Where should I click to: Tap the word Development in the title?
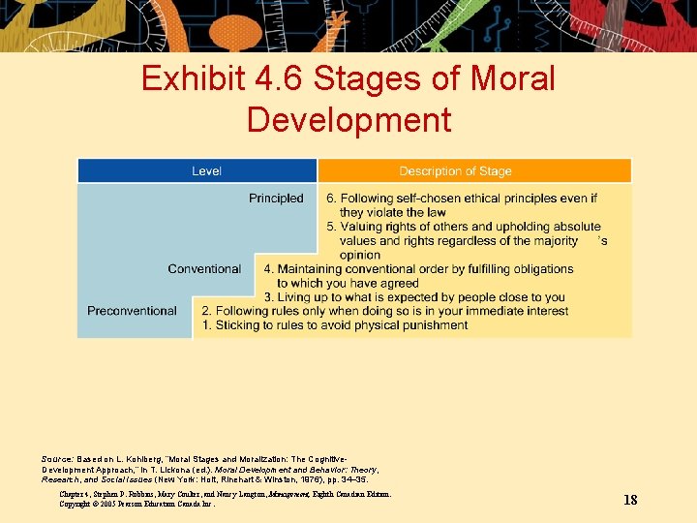pos(348,119)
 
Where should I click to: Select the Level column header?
pos(206,171)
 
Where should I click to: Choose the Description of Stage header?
pos(455,171)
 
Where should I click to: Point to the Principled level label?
pos(276,199)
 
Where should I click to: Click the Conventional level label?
pos(204,269)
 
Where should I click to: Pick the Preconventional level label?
pos(132,311)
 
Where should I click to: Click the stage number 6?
pos(330,199)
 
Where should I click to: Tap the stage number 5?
pos(330,227)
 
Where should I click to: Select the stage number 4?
pos(268,269)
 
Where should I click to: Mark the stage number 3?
pos(268,297)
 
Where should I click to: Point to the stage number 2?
pos(206,311)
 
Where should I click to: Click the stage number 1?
pos(206,325)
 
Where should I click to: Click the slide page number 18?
pos(630,500)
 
